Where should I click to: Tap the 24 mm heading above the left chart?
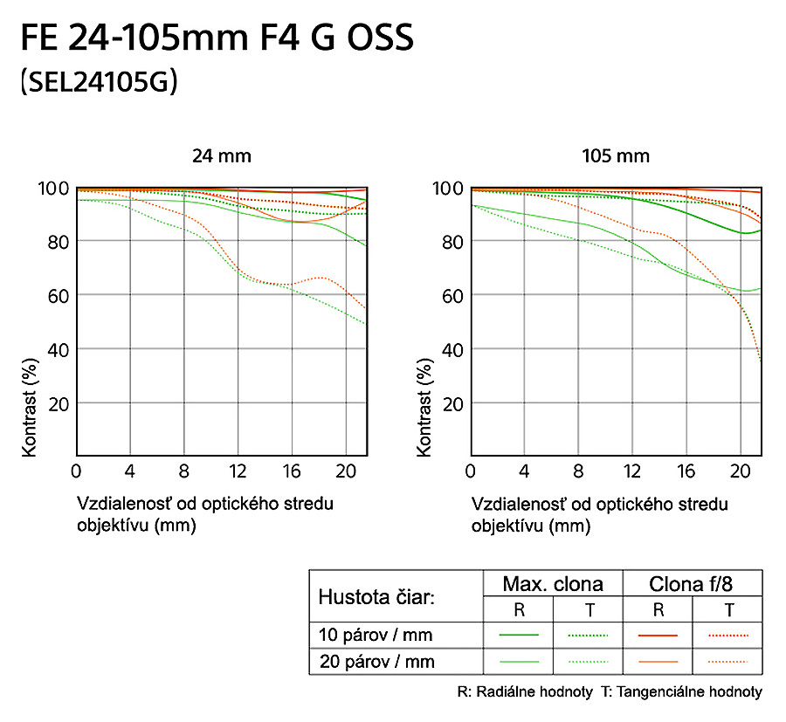coord(222,156)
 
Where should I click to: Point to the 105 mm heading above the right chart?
coord(616,156)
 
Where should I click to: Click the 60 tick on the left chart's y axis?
coord(58,295)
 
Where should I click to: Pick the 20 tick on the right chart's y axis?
coord(452,403)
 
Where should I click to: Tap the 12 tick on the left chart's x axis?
coord(238,472)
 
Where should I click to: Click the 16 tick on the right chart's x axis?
coord(686,472)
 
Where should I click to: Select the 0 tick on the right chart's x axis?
coord(472,472)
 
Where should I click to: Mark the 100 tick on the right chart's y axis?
coord(447,188)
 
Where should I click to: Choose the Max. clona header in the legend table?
coord(552,584)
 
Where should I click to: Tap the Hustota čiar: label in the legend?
coord(376,597)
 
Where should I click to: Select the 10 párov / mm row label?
coord(376,635)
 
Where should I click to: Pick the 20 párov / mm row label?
coord(376,662)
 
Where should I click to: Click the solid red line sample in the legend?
coord(658,635)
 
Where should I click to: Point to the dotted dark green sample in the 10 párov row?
coord(588,635)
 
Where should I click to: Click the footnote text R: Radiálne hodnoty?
coord(524,692)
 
